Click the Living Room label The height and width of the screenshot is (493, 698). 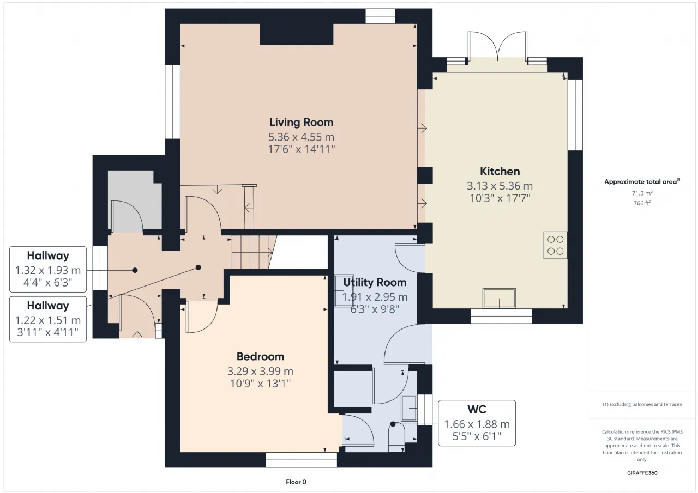point(302,123)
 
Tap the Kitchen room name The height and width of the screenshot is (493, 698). point(500,171)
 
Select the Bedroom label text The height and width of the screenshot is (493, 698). point(260,356)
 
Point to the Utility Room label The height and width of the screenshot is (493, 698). point(375,282)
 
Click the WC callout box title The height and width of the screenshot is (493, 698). point(477,409)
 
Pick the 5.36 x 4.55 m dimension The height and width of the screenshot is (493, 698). point(302,137)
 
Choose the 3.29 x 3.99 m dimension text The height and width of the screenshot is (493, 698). point(260,371)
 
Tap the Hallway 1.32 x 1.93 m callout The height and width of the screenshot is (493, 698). point(48,269)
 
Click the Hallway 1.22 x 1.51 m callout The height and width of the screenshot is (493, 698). point(48,319)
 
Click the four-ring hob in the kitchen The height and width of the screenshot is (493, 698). point(555,245)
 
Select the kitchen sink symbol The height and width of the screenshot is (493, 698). point(499,298)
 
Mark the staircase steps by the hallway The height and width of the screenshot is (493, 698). point(252,252)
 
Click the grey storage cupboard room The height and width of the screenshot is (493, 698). point(135,201)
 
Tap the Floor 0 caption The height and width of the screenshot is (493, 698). point(296,482)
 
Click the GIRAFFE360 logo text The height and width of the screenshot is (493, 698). point(642,473)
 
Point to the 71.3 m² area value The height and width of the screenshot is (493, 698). point(642,193)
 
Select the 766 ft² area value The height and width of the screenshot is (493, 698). point(642,203)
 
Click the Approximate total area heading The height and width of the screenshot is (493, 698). point(642,182)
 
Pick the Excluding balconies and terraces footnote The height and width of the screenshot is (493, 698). point(642,404)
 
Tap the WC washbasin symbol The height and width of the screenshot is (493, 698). point(409,408)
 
